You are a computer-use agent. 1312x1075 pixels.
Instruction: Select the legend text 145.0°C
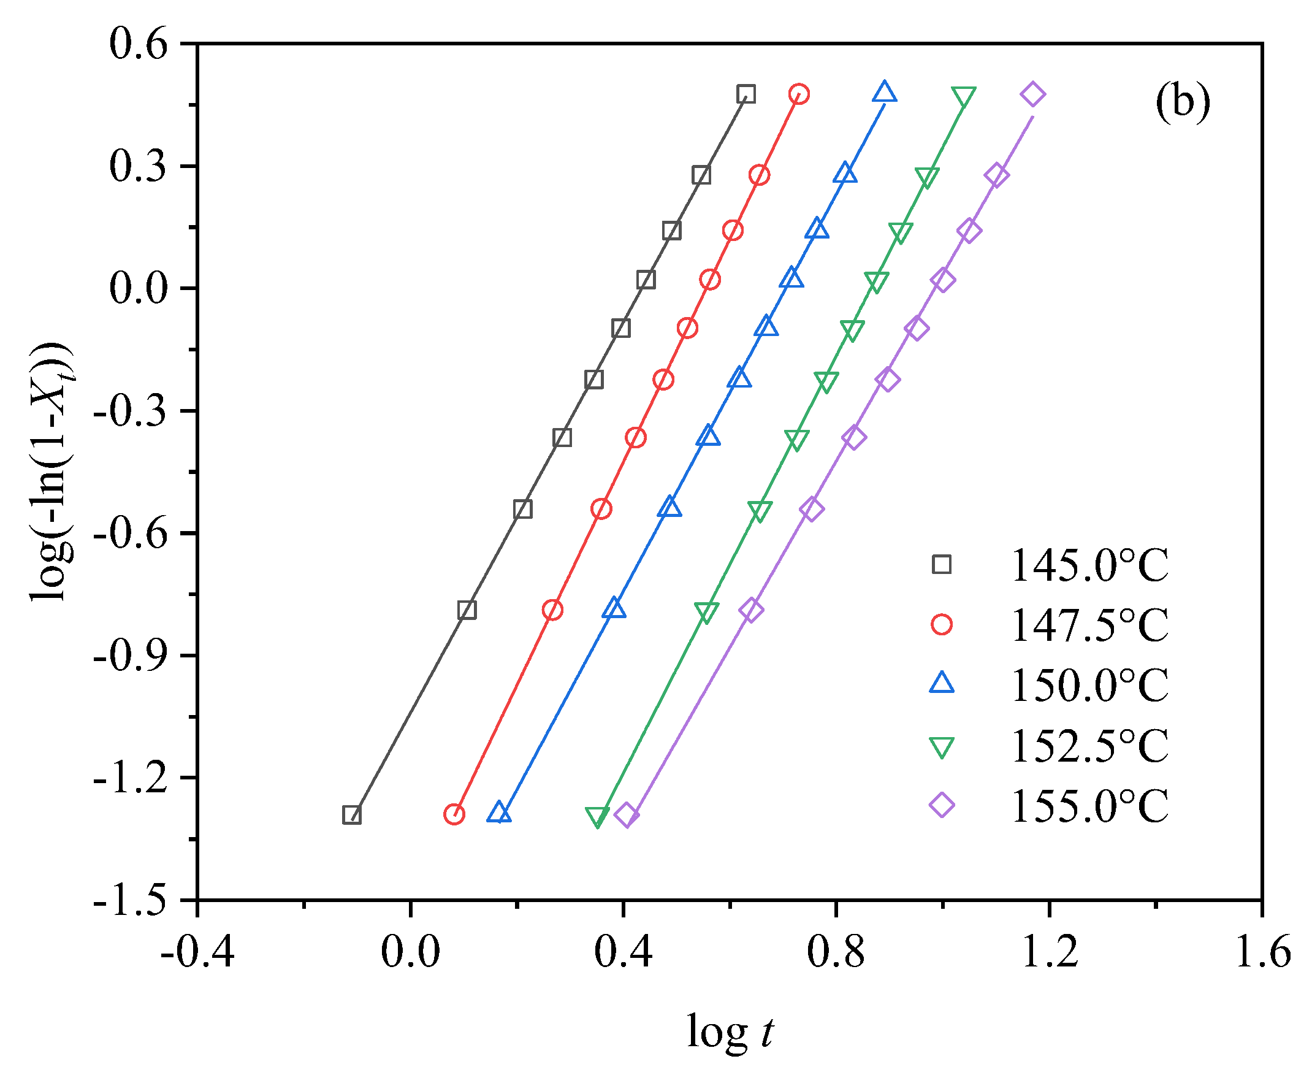[x=1089, y=565]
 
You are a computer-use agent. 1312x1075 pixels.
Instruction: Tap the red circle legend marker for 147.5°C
[x=941, y=624]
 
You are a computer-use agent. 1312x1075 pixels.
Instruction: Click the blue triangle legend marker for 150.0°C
[x=941, y=684]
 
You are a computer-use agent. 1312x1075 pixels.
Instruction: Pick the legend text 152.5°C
[x=1089, y=746]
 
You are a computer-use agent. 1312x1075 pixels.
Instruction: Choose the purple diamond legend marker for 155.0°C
[x=941, y=805]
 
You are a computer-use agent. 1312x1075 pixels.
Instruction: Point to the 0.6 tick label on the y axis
[x=138, y=45]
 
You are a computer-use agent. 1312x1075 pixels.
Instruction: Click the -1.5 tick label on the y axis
[x=130, y=900]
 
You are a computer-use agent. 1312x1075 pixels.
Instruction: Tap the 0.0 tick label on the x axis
[x=410, y=952]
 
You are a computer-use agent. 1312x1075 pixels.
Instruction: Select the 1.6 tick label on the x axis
[x=1262, y=952]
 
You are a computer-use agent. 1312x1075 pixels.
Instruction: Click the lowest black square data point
[x=352, y=815]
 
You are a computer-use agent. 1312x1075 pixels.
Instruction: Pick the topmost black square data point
[x=746, y=94]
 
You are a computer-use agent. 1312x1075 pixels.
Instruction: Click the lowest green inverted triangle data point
[x=597, y=816]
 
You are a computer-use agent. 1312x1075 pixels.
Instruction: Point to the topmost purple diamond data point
[x=1032, y=94]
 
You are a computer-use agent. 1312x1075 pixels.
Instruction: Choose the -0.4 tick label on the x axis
[x=197, y=952]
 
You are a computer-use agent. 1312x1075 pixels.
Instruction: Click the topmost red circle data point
[x=799, y=94]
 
